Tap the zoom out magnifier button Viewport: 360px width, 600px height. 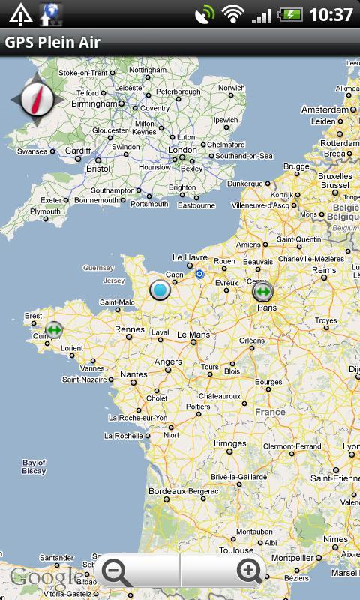click(116, 572)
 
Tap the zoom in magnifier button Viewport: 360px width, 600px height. click(250, 572)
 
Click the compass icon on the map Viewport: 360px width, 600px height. click(34, 97)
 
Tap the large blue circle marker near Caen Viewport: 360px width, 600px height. click(160, 289)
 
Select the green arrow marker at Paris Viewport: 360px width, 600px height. click(262, 291)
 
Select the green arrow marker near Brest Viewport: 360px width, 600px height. click(54, 328)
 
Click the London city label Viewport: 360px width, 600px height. click(183, 150)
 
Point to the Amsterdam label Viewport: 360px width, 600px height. click(325, 109)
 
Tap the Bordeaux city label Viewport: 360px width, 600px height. click(166, 491)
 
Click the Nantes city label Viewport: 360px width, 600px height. click(133, 374)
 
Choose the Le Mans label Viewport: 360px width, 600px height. click(193, 334)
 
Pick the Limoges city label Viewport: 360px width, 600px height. click(229, 443)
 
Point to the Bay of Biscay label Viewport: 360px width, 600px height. click(34, 466)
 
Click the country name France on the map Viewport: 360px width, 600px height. click(270, 412)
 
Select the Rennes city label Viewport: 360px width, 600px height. click(129, 329)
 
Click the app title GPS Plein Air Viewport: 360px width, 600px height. click(52, 43)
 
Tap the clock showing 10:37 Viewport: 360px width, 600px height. click(331, 14)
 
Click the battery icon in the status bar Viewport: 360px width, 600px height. click(290, 14)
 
